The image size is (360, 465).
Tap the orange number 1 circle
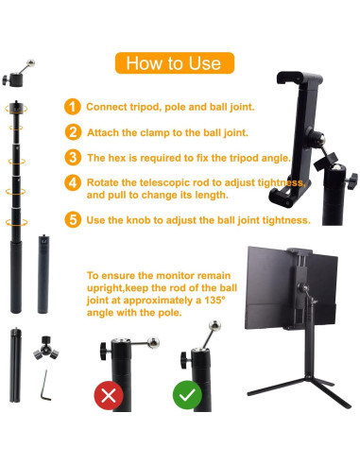click(73, 107)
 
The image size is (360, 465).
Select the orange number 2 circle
click(73, 132)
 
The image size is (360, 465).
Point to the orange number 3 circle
click(73, 158)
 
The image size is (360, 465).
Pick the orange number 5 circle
click(73, 219)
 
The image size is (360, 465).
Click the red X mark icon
click(111, 393)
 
